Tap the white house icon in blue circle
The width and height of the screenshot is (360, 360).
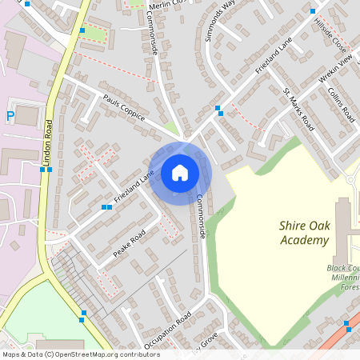(180, 173)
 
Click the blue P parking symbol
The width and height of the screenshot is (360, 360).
(10, 116)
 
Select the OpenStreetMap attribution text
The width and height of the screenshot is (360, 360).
(80, 354)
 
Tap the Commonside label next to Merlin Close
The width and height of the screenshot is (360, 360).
(150, 38)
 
